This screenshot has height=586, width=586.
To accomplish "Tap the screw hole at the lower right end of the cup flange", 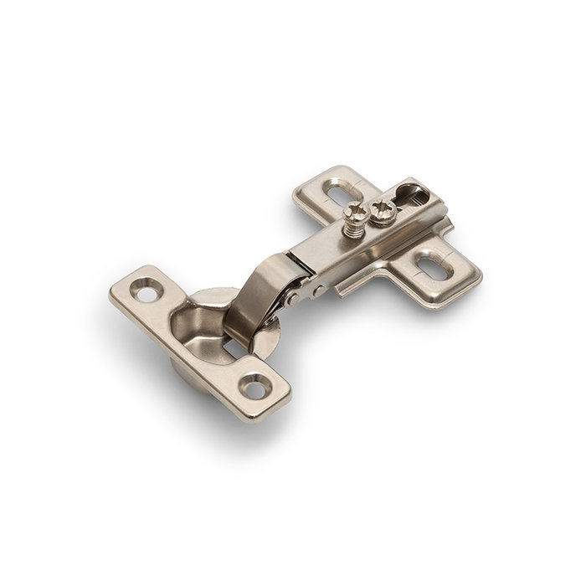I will pos(255,384).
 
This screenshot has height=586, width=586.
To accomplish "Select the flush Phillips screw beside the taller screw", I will pos(383,210).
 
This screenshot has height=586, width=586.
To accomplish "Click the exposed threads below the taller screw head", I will pos(353,228).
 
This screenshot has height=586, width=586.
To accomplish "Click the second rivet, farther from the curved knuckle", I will pos(319,290).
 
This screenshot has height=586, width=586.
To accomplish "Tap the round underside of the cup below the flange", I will pos(188,373).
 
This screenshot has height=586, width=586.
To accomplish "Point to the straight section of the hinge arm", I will pos(352,251).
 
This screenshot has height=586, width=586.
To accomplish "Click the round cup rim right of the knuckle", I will pos(272,339).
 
